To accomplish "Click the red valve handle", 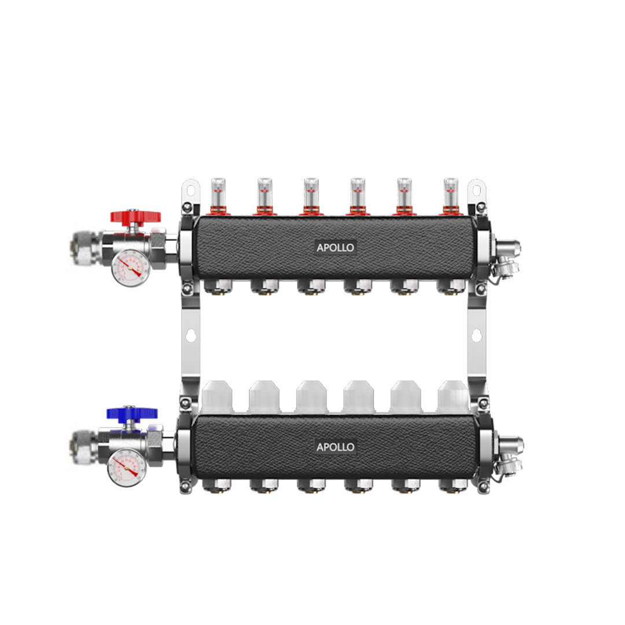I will [x=135, y=218].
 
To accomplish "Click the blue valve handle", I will [x=132, y=413].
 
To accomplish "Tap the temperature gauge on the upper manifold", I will [x=130, y=267].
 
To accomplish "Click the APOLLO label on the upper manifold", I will [x=336, y=247].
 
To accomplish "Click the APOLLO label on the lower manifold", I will [x=336, y=447].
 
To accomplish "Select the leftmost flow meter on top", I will [x=217, y=194].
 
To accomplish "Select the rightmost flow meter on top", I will [x=450, y=194].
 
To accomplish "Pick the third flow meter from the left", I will [x=311, y=194].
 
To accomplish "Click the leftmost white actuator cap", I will [x=217, y=397].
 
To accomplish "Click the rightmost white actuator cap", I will [x=453, y=397].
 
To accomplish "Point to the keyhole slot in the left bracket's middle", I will [x=190, y=335].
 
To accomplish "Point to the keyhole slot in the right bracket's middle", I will [x=476, y=335].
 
